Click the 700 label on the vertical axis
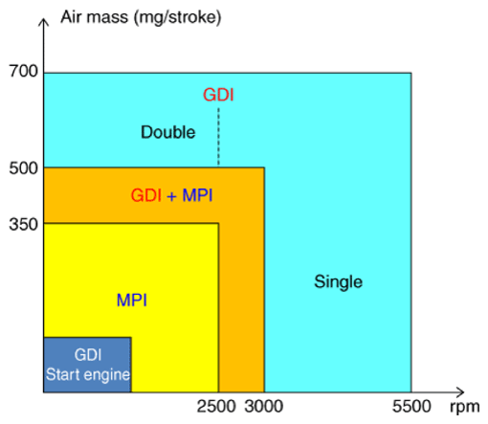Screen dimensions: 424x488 pyautogui.click(x=20, y=72)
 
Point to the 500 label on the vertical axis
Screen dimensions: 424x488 pyautogui.click(x=20, y=169)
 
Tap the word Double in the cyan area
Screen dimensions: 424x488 pyautogui.click(x=167, y=132)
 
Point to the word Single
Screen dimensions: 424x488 pyautogui.click(x=338, y=281)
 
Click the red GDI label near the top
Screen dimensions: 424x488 pyautogui.click(x=218, y=96)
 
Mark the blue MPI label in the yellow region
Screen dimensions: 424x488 pyautogui.click(x=133, y=301)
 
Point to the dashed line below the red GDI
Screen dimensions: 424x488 pyautogui.click(x=218, y=136)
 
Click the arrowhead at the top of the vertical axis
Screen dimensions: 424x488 pyautogui.click(x=44, y=18)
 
